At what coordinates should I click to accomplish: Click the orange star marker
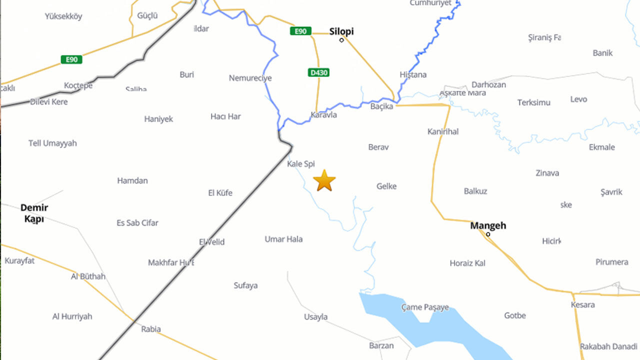click(324, 180)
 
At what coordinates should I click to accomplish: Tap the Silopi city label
click(341, 31)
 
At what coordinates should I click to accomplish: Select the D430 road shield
click(318, 72)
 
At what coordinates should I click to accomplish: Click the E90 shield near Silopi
click(300, 31)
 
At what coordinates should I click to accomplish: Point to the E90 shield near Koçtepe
click(71, 59)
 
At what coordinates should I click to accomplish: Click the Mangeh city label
click(488, 225)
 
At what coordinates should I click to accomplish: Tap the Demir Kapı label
click(34, 213)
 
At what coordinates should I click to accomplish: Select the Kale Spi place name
click(301, 163)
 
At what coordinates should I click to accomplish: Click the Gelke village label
click(386, 186)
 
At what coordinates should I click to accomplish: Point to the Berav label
click(378, 147)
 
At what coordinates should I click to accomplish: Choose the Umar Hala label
click(283, 239)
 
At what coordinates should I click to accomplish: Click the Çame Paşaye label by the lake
click(425, 307)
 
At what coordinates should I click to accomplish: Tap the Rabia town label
click(151, 328)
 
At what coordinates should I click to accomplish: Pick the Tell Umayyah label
click(52, 143)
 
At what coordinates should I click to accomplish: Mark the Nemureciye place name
click(250, 78)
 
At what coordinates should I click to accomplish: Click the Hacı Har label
click(225, 116)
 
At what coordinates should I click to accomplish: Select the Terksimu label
click(533, 102)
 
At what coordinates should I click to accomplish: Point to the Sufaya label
click(245, 285)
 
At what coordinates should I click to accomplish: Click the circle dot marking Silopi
click(342, 40)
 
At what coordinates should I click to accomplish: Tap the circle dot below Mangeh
click(488, 234)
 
